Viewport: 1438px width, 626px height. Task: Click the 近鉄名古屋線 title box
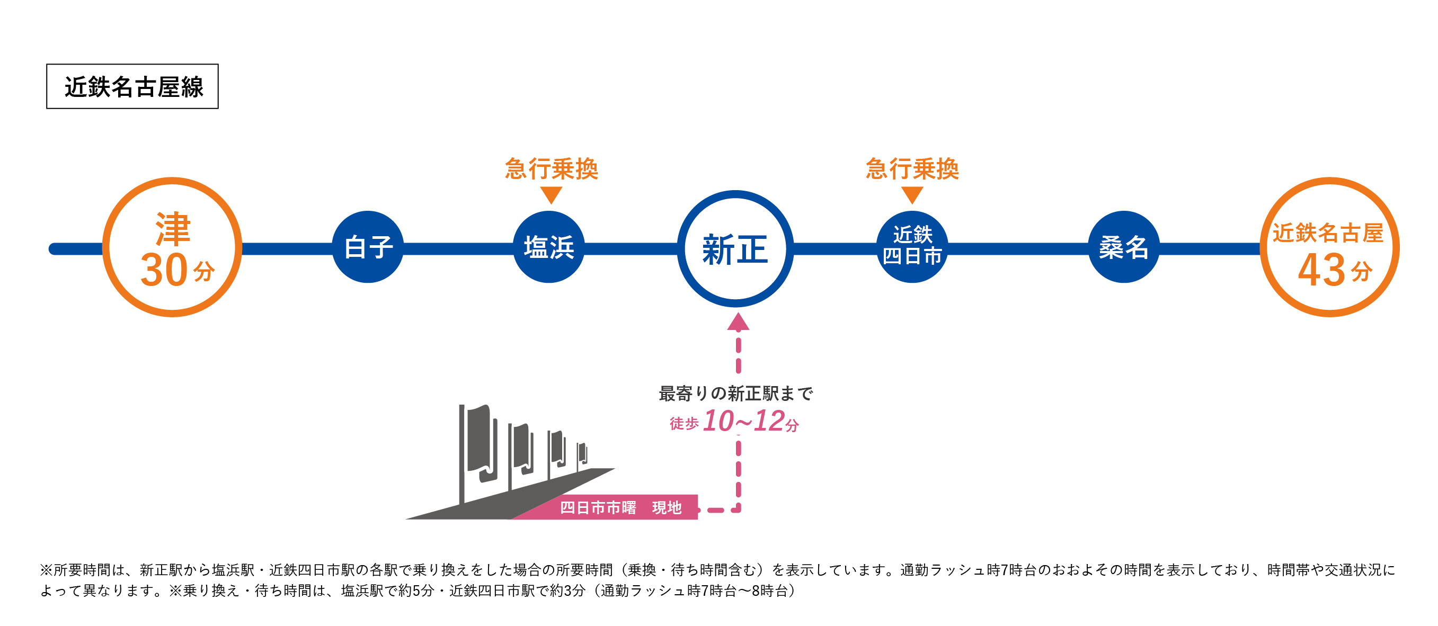(132, 86)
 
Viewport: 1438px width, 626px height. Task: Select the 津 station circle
(173, 247)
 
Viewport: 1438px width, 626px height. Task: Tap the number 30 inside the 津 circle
(164, 270)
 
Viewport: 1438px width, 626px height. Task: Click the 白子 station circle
(368, 247)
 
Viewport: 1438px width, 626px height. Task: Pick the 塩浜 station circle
(549, 247)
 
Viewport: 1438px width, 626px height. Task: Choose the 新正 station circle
(735, 249)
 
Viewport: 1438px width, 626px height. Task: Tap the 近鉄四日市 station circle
(912, 247)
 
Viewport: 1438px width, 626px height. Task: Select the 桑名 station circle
(1124, 247)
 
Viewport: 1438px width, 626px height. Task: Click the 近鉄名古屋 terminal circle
(1329, 247)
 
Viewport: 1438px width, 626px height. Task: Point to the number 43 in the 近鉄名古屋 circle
(1321, 270)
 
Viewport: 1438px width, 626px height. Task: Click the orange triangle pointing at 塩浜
(551, 195)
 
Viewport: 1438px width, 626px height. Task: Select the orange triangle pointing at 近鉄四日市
(912, 195)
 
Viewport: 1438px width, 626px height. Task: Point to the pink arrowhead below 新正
(738, 322)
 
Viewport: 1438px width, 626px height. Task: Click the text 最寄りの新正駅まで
(735, 394)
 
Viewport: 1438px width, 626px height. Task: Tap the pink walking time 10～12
(743, 421)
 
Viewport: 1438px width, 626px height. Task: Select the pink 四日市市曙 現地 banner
(619, 508)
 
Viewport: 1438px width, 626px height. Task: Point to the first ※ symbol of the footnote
(46, 570)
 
